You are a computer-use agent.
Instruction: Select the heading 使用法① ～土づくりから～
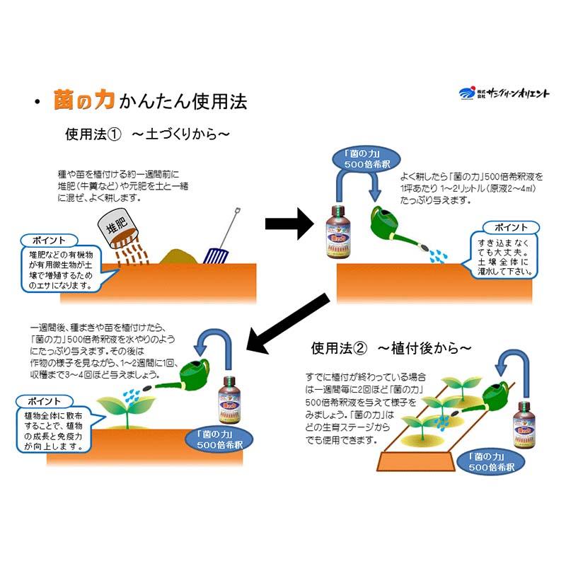149,134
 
